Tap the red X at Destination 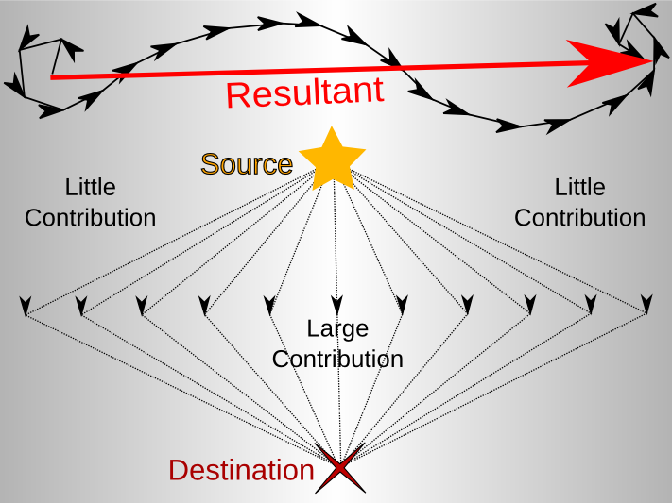point(341,469)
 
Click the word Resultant point(304,92)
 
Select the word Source point(246,164)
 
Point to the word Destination point(241,470)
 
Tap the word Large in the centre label point(337,328)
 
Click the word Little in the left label point(90,187)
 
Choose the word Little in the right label point(579,187)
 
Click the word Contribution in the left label point(90,218)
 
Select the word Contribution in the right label point(579,218)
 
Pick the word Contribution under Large point(337,360)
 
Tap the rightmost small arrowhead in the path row point(647,305)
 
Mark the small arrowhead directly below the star point(336,305)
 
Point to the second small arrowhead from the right point(591,305)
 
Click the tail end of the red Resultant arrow point(52,77)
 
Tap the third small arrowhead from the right point(529,305)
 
